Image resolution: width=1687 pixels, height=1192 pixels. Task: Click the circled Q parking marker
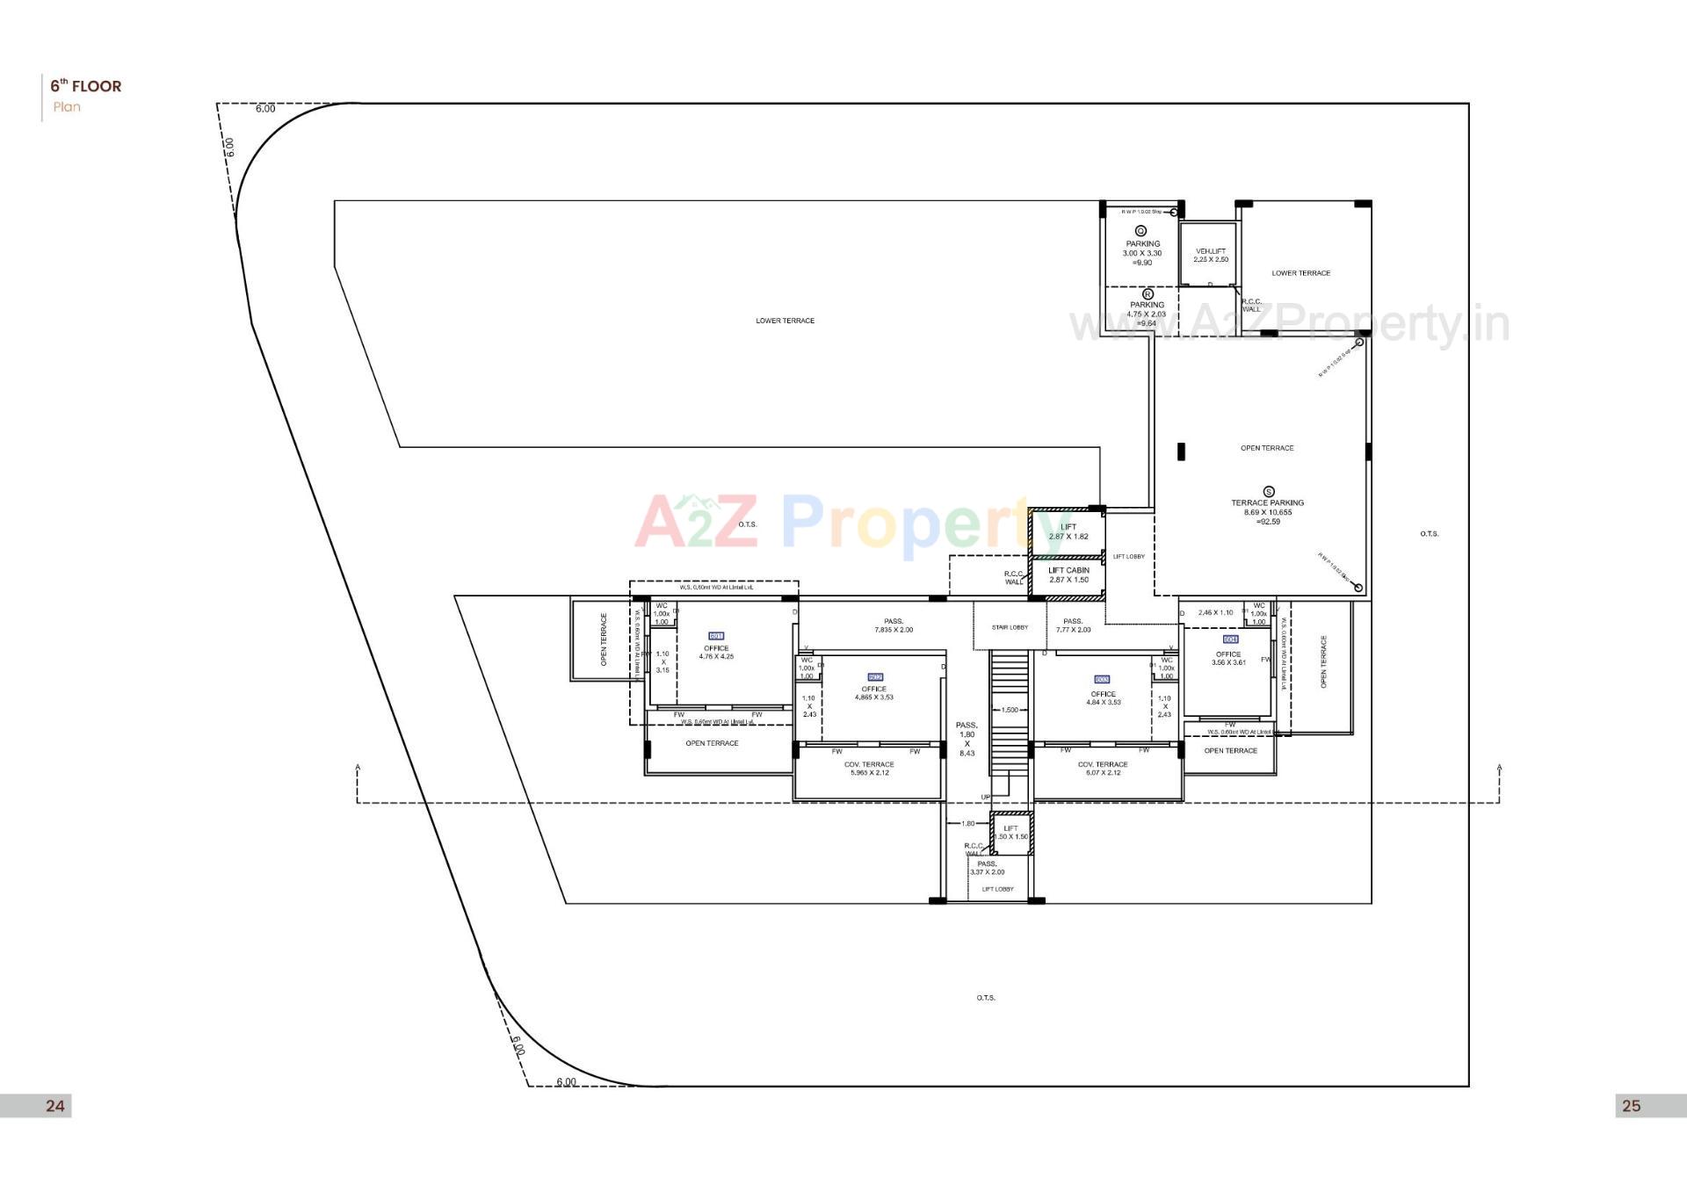pyautogui.click(x=1141, y=231)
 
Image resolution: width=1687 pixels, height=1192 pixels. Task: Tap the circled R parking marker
pyautogui.click(x=1147, y=294)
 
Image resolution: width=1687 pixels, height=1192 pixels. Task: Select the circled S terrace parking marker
pyautogui.click(x=1268, y=492)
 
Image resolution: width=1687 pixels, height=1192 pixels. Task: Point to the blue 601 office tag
pyautogui.click(x=716, y=636)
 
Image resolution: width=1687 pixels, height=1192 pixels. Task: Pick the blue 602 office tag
pyautogui.click(x=874, y=677)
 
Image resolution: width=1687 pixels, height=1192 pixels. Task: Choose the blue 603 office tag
pyautogui.click(x=1103, y=680)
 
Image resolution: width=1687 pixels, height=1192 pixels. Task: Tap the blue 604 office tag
pyautogui.click(x=1230, y=639)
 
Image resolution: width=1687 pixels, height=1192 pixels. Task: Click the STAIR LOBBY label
pyautogui.click(x=1010, y=627)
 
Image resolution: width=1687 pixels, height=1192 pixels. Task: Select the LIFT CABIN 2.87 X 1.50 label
pyautogui.click(x=1068, y=574)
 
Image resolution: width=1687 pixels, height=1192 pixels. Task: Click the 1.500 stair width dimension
pyautogui.click(x=1010, y=710)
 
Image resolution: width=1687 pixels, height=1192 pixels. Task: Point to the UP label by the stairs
pyautogui.click(x=986, y=798)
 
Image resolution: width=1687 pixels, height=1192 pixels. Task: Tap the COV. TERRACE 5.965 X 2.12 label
pyautogui.click(x=869, y=769)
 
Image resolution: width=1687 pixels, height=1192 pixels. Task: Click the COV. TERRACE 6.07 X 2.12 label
pyautogui.click(x=1103, y=769)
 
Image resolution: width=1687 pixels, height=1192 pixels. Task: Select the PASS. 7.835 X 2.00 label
pyautogui.click(x=894, y=625)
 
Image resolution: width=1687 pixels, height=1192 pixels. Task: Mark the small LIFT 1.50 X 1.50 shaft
pyautogui.click(x=1011, y=832)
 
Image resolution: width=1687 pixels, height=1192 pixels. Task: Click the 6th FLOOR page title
pyautogui.click(x=86, y=86)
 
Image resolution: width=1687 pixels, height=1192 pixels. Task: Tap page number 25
pyautogui.click(x=1631, y=1106)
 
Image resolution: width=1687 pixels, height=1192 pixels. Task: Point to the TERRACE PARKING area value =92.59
pyautogui.click(x=1268, y=522)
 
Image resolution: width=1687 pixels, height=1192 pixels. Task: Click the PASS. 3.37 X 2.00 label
pyautogui.click(x=987, y=868)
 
